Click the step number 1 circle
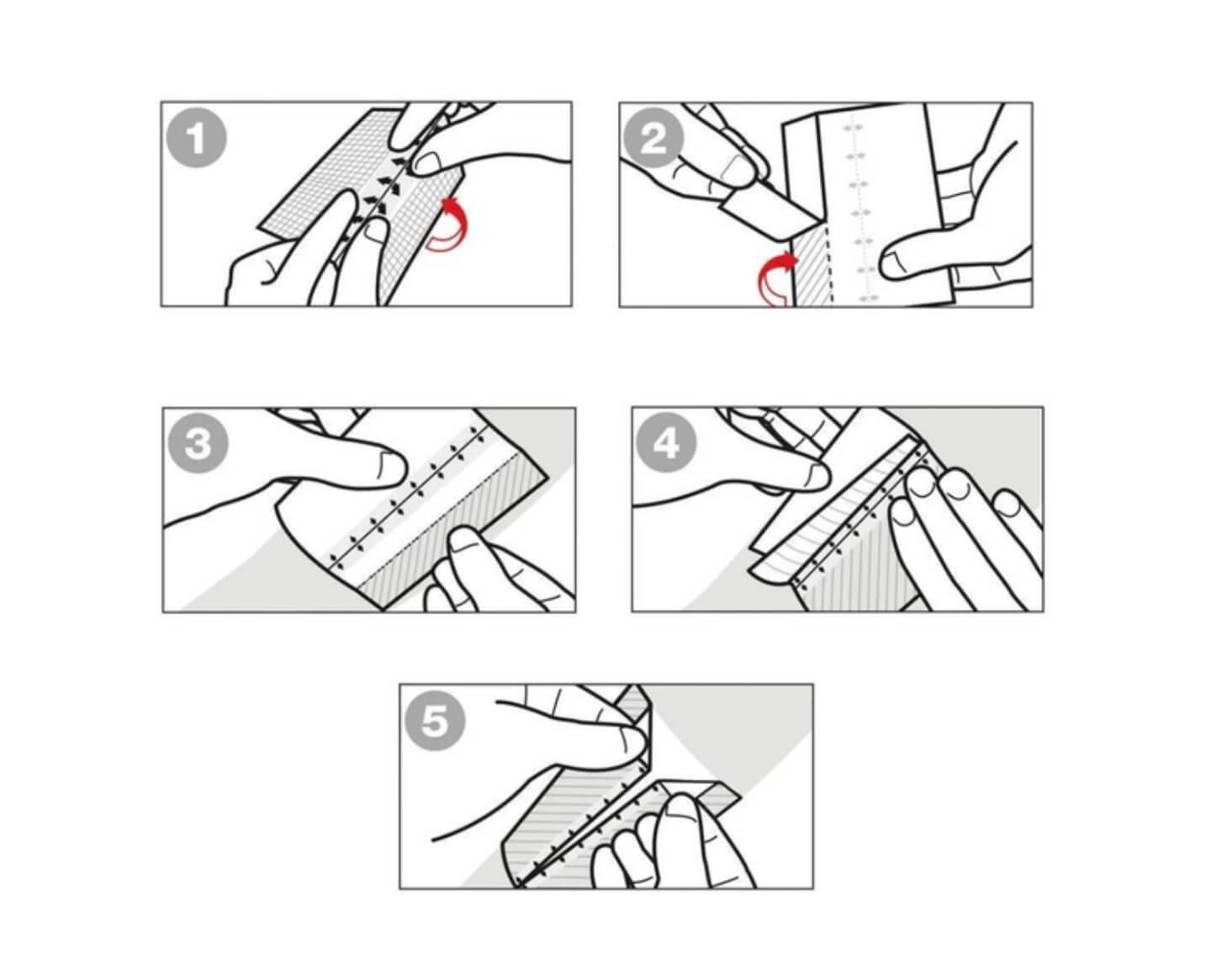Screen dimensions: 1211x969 pyautogui.click(x=197, y=139)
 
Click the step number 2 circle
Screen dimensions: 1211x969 pyautogui.click(x=653, y=139)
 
